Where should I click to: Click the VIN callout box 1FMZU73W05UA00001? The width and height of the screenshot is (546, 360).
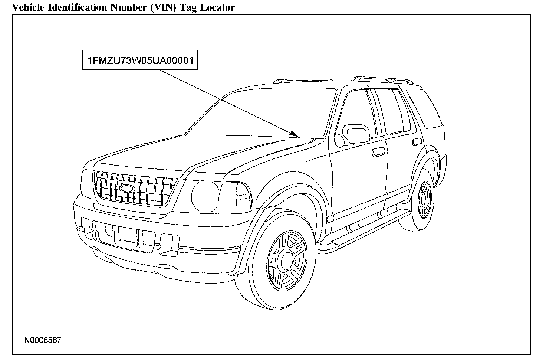139,60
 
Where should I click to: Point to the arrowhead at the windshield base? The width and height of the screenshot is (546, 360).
294,133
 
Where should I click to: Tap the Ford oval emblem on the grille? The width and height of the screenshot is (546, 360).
127,188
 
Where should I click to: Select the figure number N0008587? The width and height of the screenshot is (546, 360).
43,340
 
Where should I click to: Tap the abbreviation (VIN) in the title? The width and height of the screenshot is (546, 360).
165,7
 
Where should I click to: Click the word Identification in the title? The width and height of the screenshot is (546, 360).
70,7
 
